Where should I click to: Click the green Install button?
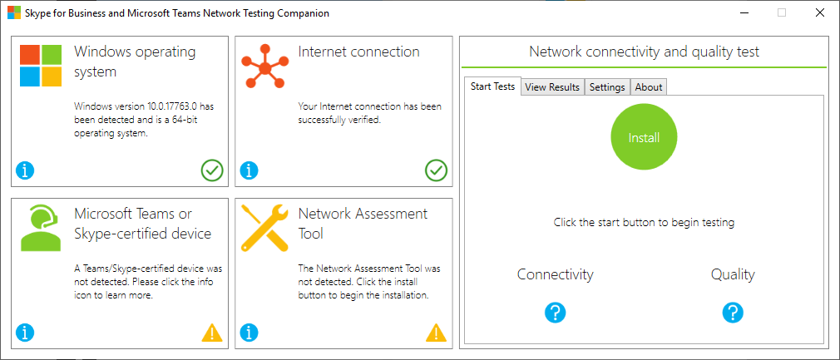coord(644,137)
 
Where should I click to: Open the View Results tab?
coord(552,87)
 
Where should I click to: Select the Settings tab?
coord(607,87)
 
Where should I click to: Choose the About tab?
coord(649,87)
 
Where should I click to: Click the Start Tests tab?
coord(493,86)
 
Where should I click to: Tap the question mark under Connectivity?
coord(556,313)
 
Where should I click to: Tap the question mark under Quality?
coord(733,313)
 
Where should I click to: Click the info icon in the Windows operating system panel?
coord(25,171)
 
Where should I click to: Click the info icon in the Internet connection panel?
coord(250,171)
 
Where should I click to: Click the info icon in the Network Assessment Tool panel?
coord(250,333)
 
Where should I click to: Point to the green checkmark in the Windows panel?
coord(212,171)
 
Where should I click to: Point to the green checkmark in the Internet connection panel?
coord(436,171)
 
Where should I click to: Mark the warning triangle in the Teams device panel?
coord(212,333)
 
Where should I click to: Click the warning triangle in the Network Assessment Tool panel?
coord(436,333)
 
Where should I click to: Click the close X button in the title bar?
coord(820,13)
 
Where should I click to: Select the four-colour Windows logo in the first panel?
coord(41,66)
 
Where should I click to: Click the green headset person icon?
coord(40,229)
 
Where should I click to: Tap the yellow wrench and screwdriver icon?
coord(265,228)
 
